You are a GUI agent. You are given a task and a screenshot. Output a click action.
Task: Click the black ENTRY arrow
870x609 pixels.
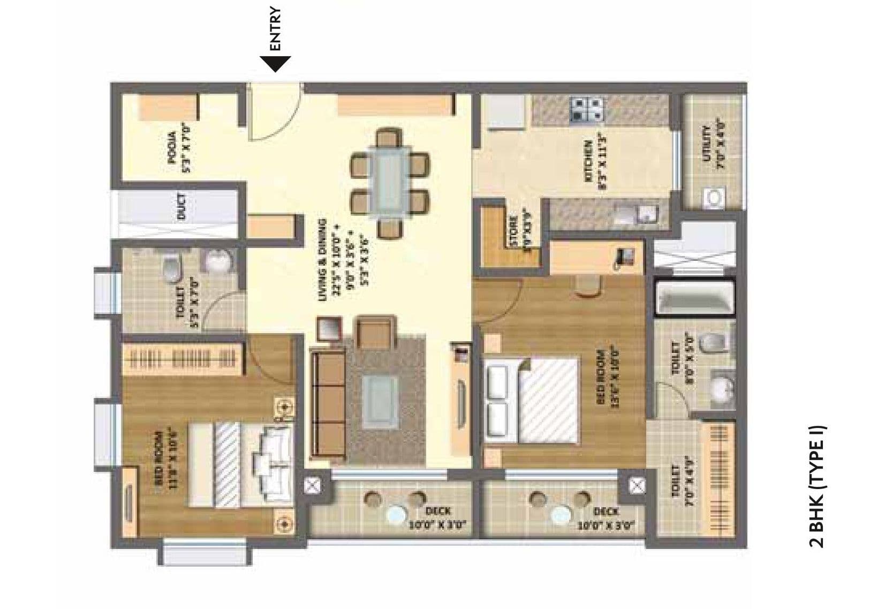(x=275, y=64)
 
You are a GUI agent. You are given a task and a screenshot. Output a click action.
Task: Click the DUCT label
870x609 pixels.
(x=180, y=206)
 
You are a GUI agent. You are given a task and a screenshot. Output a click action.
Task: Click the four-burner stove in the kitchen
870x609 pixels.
(x=587, y=109)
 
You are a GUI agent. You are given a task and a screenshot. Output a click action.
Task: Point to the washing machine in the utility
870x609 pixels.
(x=714, y=198)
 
